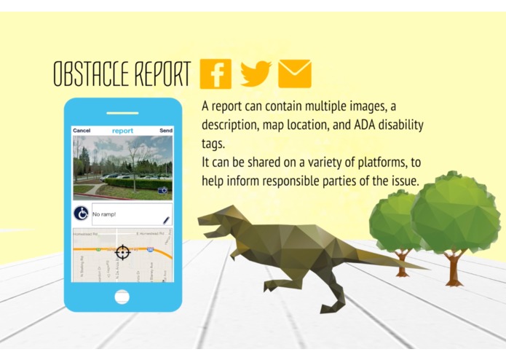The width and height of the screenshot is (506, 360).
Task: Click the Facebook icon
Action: (216, 74)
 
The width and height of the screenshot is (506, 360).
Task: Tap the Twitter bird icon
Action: (256, 73)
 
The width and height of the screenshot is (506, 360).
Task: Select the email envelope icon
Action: (295, 74)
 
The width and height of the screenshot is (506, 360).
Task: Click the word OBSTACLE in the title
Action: (88, 74)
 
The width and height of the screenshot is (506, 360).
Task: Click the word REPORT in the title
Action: (159, 74)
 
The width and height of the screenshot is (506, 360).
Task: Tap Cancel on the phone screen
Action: (82, 130)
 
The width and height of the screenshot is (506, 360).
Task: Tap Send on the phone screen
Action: (166, 130)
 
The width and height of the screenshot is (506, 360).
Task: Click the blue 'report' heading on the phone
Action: (122, 130)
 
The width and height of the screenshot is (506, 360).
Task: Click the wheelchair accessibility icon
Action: (82, 214)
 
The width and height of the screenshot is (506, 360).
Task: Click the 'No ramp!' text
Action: (106, 214)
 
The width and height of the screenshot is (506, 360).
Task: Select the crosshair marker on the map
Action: (122, 253)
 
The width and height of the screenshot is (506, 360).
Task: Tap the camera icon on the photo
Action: (163, 190)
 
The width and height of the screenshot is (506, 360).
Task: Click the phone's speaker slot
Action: (122, 114)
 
